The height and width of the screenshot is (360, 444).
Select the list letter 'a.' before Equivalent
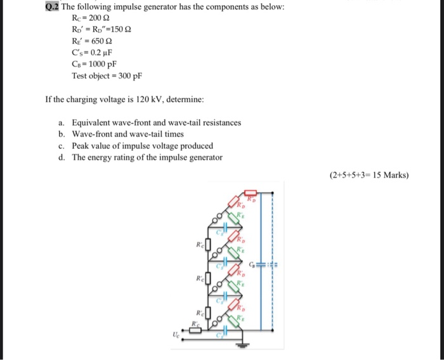[x=61, y=122]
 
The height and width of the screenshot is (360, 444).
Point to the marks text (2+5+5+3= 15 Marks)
[x=369, y=176]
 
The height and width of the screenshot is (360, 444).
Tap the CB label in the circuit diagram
[x=252, y=264]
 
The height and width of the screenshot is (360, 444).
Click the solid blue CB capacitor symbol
[x=261, y=265]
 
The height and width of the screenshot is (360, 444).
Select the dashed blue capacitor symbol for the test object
[x=273, y=265]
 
